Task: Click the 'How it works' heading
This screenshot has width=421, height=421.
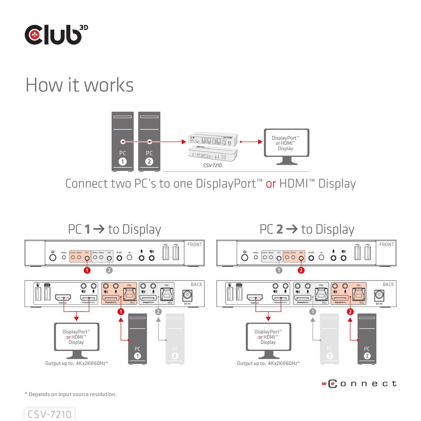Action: (79, 85)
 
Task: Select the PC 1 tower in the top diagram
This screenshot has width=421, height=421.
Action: (122, 141)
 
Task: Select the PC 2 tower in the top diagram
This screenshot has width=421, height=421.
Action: (149, 141)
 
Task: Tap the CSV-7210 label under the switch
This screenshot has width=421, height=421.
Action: (212, 165)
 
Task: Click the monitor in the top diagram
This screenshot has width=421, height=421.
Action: (286, 144)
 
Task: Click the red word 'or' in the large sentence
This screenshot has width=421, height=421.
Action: (271, 184)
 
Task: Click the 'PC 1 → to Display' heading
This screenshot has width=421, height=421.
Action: (114, 229)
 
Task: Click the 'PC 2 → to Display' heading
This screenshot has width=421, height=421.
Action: (307, 229)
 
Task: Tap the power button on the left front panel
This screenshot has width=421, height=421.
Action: (53, 257)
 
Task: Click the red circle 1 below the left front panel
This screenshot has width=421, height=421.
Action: (87, 270)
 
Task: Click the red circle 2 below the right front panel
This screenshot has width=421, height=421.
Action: (301, 270)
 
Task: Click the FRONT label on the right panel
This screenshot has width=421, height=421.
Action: (386, 244)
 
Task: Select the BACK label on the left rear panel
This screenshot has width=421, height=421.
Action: (196, 284)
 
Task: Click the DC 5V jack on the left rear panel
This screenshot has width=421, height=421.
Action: (187, 295)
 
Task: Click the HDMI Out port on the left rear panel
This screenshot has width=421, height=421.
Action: (63, 297)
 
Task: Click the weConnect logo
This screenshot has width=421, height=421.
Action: (359, 384)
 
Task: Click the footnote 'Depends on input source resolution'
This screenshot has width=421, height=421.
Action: (71, 394)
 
